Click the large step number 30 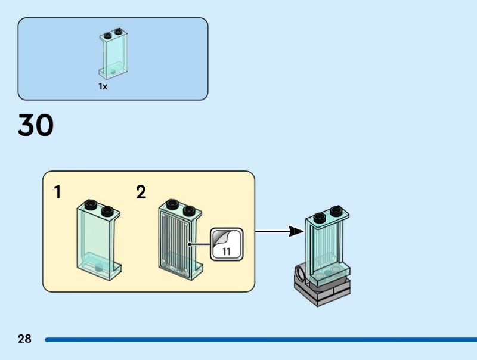click(36, 125)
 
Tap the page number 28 click(24, 339)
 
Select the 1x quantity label click(103, 86)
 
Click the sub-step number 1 click(58, 192)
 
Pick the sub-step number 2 click(141, 192)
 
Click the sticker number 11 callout click(227, 243)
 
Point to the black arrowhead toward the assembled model click(296, 231)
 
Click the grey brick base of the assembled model click(322, 291)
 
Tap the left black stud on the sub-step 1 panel click(91, 206)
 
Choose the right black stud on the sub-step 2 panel click(189, 210)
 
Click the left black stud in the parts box click(108, 34)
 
